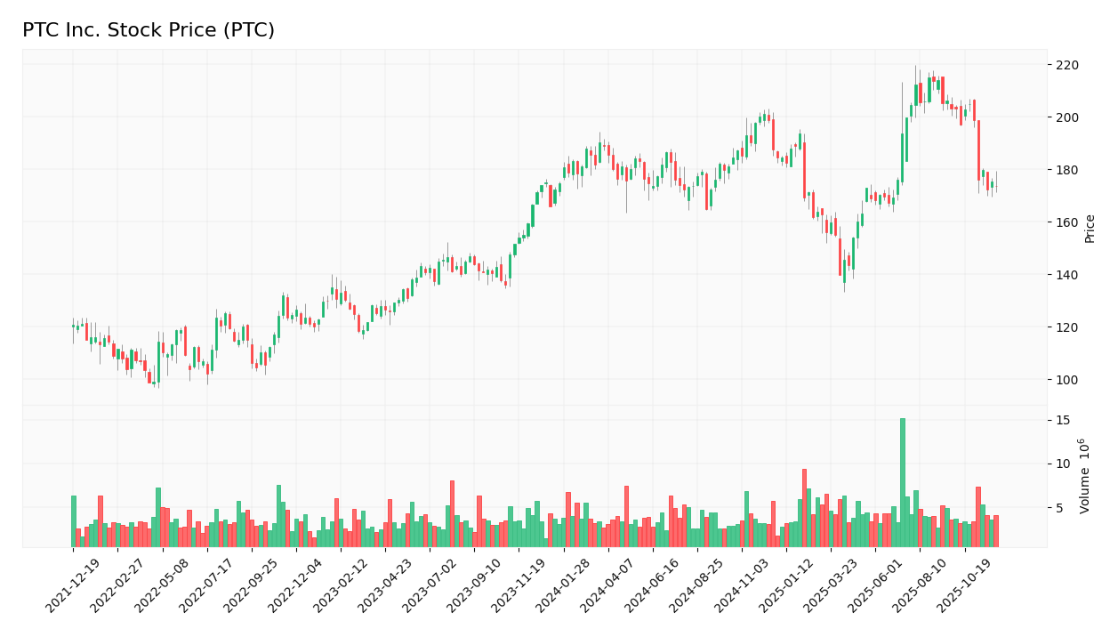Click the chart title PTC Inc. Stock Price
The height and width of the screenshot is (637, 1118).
point(149,30)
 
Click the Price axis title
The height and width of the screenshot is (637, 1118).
point(1090,229)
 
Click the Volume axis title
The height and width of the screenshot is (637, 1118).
point(1084,475)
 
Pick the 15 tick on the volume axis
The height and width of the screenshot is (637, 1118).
point(1062,420)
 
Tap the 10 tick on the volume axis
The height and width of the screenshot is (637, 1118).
point(1062,464)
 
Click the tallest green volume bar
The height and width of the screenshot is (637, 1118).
point(902,482)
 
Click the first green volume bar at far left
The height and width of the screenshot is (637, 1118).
point(74,521)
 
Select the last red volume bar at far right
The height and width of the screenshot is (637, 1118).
point(996,531)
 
